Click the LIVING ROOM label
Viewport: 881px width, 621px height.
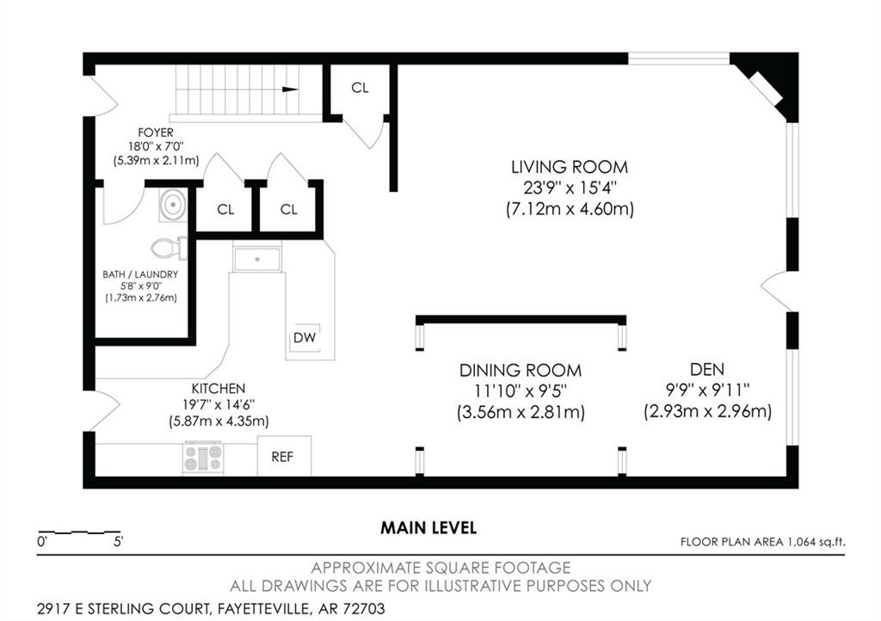(x=570, y=167)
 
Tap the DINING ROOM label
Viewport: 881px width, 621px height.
(x=520, y=371)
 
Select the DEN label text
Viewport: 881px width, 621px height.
(x=707, y=371)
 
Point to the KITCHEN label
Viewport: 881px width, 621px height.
(x=219, y=389)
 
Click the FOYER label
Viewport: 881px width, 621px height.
(x=151, y=132)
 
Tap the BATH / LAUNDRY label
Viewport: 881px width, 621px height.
(x=140, y=274)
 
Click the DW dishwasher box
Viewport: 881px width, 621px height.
(x=305, y=338)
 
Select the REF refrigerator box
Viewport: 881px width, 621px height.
(x=284, y=457)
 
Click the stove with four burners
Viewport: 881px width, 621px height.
(x=203, y=457)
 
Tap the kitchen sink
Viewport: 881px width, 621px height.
(x=257, y=258)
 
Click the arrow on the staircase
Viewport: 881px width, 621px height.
(x=289, y=89)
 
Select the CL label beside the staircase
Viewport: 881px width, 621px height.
(x=360, y=88)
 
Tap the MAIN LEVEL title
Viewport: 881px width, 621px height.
(x=428, y=527)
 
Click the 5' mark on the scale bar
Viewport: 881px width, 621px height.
(x=117, y=542)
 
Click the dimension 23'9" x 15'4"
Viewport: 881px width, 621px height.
(x=570, y=188)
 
